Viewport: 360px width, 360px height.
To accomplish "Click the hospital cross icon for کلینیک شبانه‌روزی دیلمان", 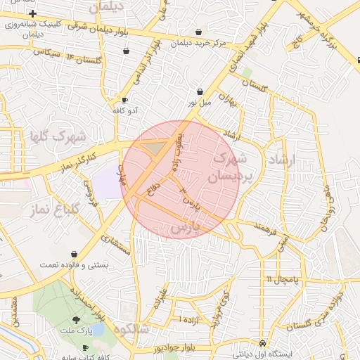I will pos(32,13).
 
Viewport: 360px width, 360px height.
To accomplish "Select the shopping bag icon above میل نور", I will pos(200,91).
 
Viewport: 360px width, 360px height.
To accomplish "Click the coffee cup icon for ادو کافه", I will pos(125,100).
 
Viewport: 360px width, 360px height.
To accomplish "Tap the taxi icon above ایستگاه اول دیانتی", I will pos(262,343).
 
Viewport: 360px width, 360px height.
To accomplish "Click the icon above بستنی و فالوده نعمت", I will pos(75,254).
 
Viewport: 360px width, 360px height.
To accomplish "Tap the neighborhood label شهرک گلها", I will pos(58,135).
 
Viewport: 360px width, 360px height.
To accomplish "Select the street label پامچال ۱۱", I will pos(283,279).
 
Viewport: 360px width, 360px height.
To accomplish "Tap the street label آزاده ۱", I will pos(190,320).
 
